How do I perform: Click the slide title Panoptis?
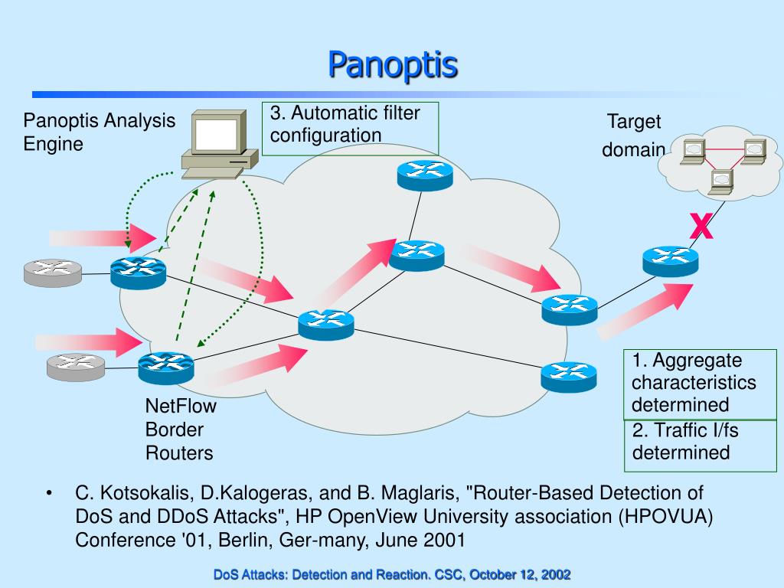pyautogui.click(x=393, y=64)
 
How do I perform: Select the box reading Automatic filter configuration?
pyautogui.click(x=350, y=127)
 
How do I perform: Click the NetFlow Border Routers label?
pyautogui.click(x=181, y=430)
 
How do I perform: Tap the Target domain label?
pyautogui.click(x=633, y=136)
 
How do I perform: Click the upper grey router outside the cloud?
pyautogui.click(x=52, y=273)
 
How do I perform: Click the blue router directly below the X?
pyautogui.click(x=671, y=261)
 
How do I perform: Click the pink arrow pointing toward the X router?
pyautogui.click(x=645, y=310)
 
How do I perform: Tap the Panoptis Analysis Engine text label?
pyautogui.click(x=99, y=132)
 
